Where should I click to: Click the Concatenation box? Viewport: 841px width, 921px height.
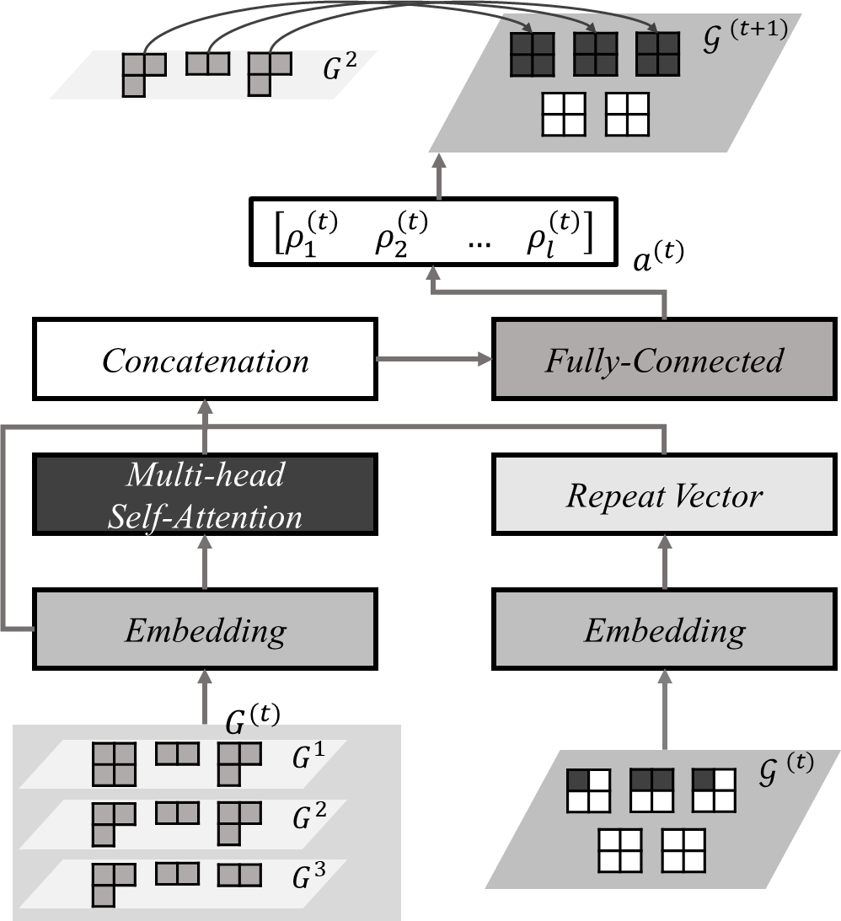(205, 360)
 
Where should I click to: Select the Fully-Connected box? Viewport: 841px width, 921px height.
(664, 360)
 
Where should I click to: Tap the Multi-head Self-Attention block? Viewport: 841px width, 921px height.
(205, 495)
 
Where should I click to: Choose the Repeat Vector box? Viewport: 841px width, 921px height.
(664, 495)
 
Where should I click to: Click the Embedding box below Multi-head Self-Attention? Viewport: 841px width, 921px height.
(205, 629)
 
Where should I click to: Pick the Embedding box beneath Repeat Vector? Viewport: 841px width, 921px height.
(664, 629)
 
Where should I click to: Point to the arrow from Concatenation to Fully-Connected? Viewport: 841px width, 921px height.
(434, 360)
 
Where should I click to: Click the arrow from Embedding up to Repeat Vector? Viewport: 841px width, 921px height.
(665, 561)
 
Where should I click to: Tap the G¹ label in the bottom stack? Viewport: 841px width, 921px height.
(308, 758)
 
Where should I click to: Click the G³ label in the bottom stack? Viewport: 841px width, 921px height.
(308, 876)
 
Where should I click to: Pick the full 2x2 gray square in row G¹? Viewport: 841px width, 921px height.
(113, 764)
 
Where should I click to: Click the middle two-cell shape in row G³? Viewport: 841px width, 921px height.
(177, 873)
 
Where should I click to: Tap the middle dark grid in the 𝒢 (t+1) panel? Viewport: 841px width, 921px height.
(595, 55)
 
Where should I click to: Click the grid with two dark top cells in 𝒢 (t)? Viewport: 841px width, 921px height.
(651, 790)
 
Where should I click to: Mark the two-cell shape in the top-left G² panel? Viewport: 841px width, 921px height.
(207, 63)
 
